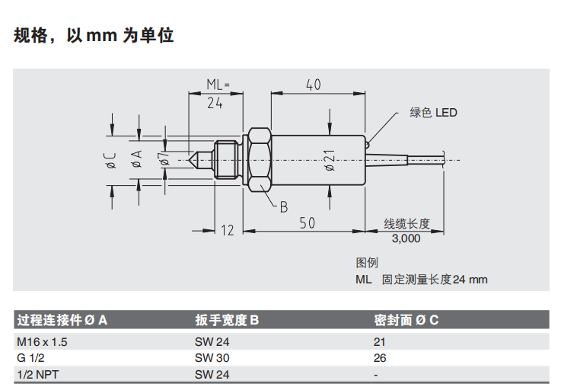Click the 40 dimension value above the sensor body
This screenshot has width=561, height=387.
[x=313, y=84]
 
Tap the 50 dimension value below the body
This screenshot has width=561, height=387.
[x=307, y=223]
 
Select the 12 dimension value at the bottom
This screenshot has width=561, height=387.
[x=227, y=230]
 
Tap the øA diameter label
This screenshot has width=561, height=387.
[x=137, y=160]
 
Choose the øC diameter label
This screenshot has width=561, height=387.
[x=111, y=160]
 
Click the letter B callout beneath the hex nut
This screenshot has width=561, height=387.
[x=283, y=206]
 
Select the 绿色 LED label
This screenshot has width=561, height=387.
[x=433, y=113]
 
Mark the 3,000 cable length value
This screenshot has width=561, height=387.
[x=406, y=238]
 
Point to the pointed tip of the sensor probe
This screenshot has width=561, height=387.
[x=190, y=160]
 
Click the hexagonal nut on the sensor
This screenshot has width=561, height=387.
[x=257, y=160]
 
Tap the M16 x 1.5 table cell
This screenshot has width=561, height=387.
[x=42, y=342]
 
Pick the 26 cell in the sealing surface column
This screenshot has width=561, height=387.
[x=380, y=358]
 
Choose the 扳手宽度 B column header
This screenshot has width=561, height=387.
[x=227, y=320]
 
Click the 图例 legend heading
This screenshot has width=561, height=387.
[x=367, y=263]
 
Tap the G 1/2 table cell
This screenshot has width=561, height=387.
[x=30, y=358]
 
